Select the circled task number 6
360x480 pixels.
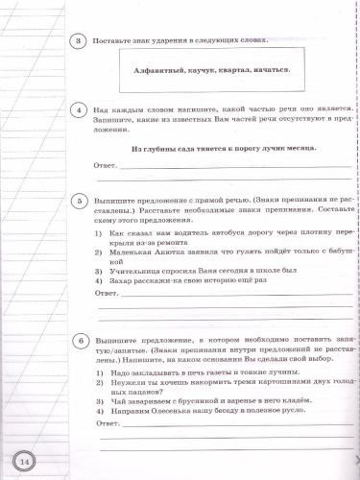click(84, 340)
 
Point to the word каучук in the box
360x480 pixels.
click(204, 69)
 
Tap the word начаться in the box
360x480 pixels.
click(278, 69)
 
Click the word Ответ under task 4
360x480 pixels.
click(112, 165)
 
